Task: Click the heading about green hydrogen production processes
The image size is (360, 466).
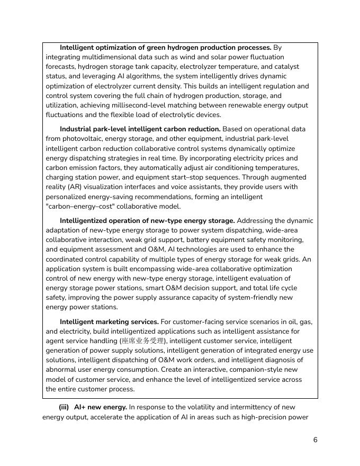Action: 165,48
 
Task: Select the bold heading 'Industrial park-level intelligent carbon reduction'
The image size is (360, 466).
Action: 140,129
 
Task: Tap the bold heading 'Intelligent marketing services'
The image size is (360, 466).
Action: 109,322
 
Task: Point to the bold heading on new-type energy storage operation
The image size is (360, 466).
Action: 147,221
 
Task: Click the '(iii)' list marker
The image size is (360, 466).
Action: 64,407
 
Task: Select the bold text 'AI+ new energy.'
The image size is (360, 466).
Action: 101,407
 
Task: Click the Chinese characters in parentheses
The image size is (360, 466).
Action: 143,341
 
